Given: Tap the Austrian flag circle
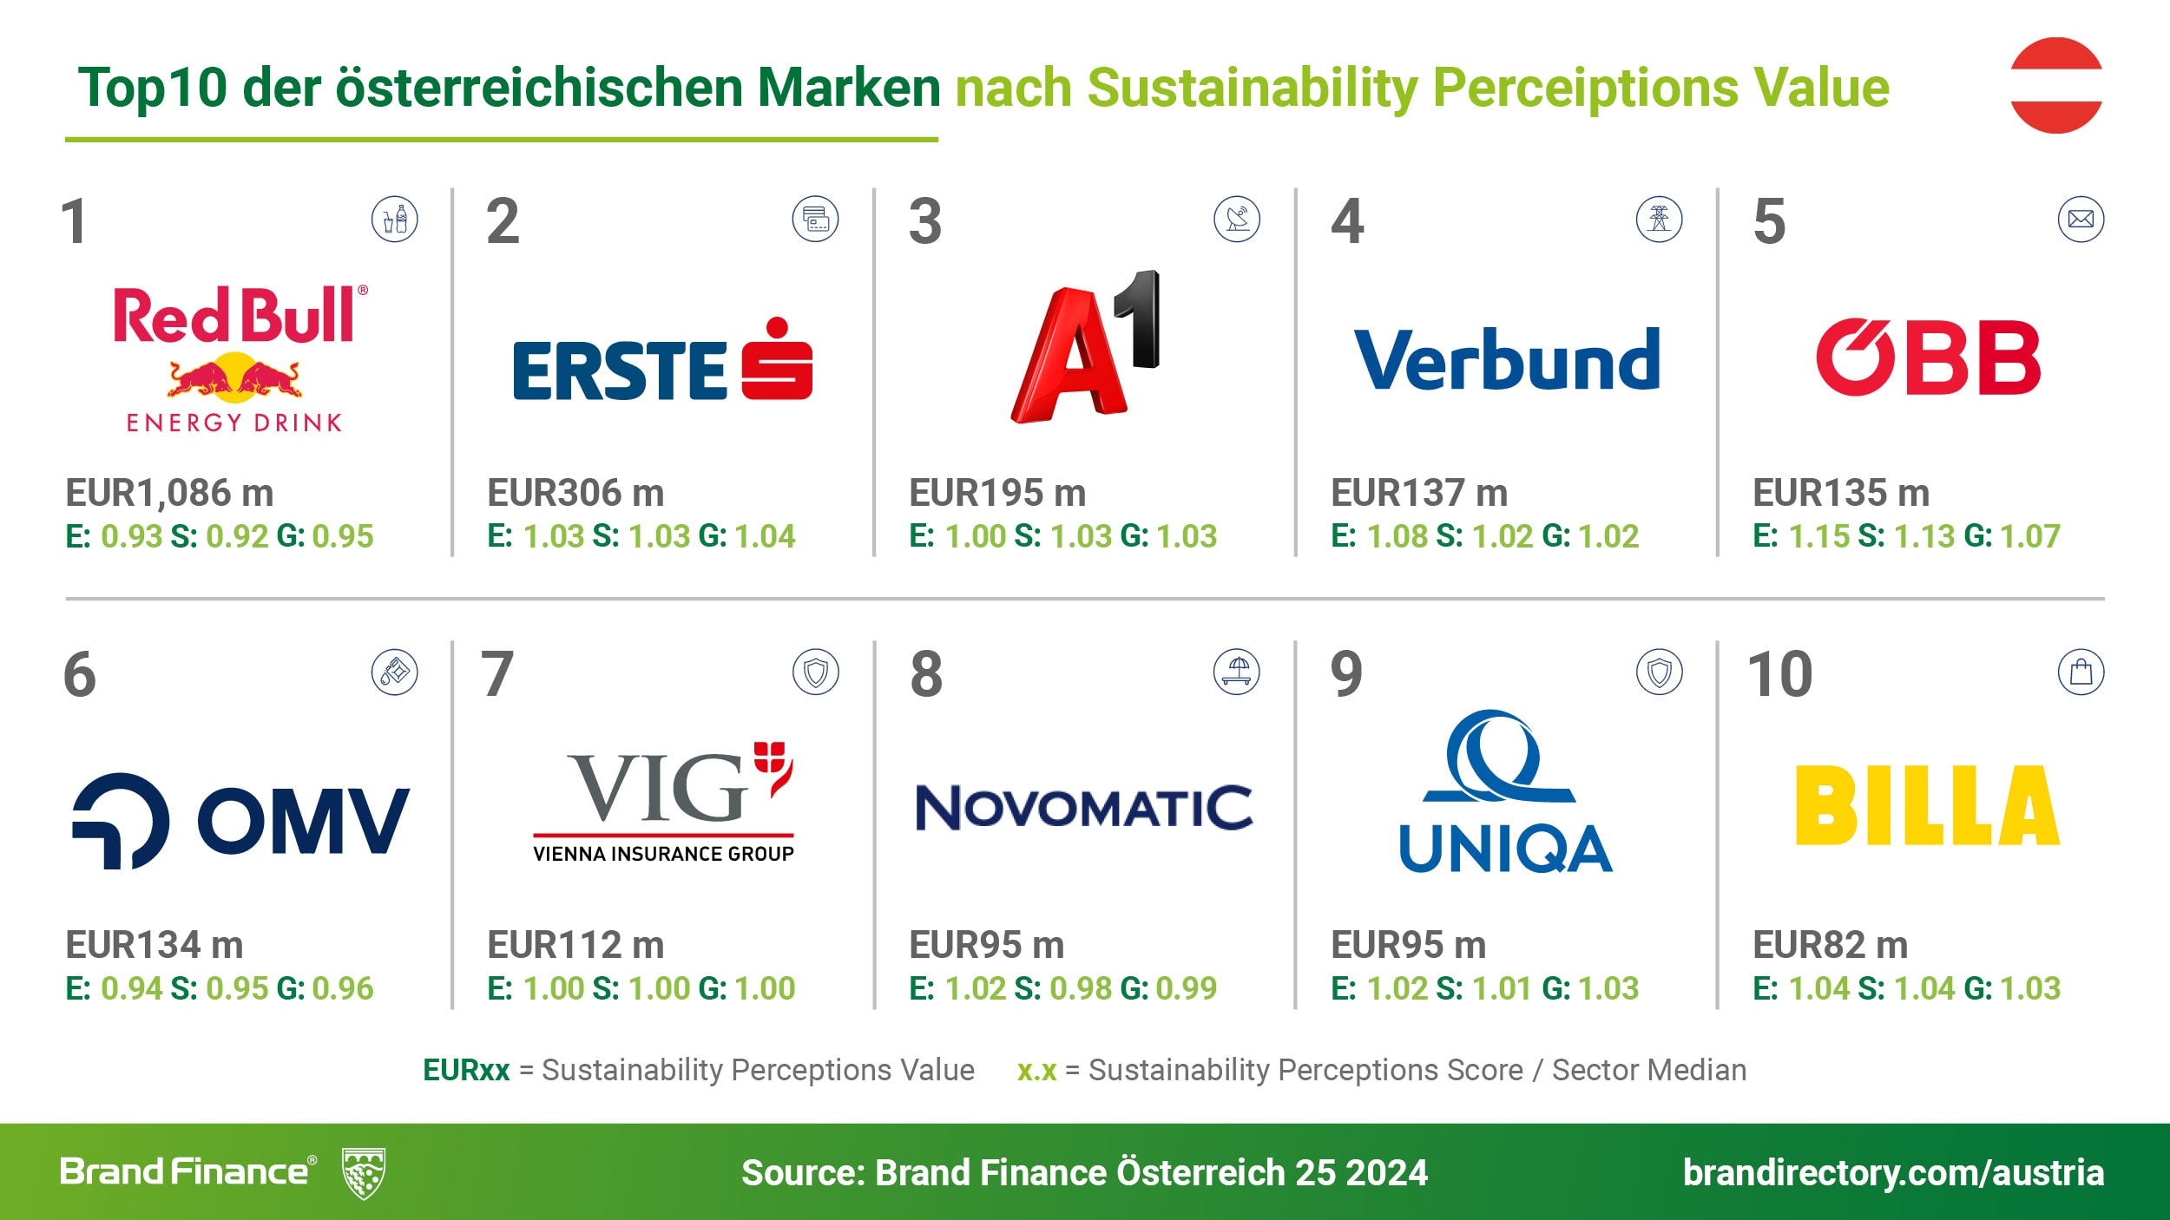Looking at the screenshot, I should point(2055,85).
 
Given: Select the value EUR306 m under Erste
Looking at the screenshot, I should point(575,493).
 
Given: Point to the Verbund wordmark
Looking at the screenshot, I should point(1507,359).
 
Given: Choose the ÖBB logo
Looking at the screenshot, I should point(1928,357).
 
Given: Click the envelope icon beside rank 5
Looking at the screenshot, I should point(2081,220).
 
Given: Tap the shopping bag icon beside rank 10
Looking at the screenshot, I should point(2081,672).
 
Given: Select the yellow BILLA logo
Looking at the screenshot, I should point(1927,805).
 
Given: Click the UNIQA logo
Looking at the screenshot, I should point(1505,791).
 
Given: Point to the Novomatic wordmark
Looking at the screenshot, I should point(1084,808).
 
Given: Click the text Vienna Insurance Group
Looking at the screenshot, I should point(663,854).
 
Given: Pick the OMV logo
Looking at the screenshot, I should point(240,821).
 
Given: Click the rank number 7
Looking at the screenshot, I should point(497,674).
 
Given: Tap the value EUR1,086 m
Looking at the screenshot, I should point(169,493).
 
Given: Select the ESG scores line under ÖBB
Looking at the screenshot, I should point(1906,536).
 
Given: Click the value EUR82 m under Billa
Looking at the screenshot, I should point(1830,945).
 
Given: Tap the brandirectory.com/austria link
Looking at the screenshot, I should point(1893,1172).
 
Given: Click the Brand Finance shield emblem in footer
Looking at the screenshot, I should point(364,1173).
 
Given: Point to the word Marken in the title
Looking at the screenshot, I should point(848,88).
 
